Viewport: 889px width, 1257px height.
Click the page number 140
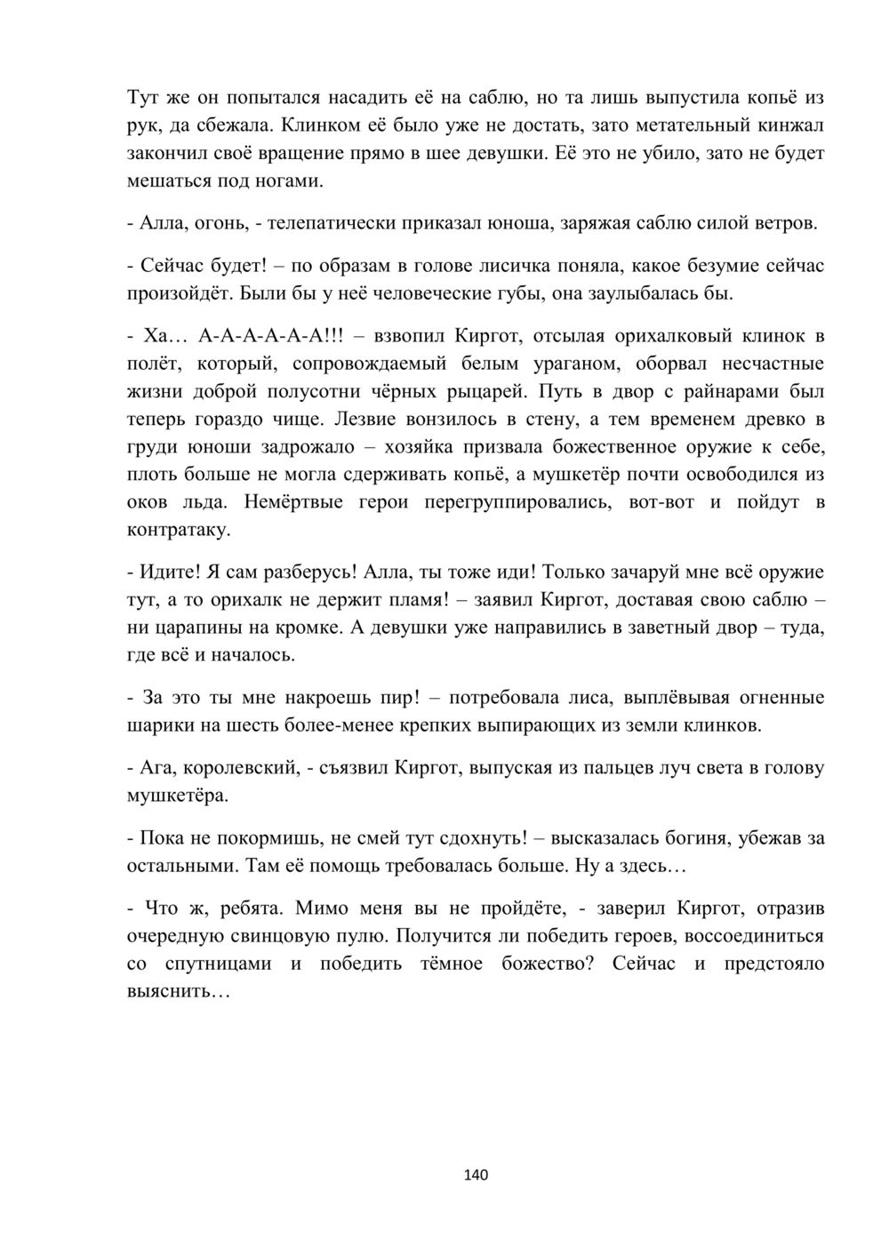[477, 1175]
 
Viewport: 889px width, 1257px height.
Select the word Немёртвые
[292, 502]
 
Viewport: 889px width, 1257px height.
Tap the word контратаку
[180, 530]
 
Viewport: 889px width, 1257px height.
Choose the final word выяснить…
[180, 991]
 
